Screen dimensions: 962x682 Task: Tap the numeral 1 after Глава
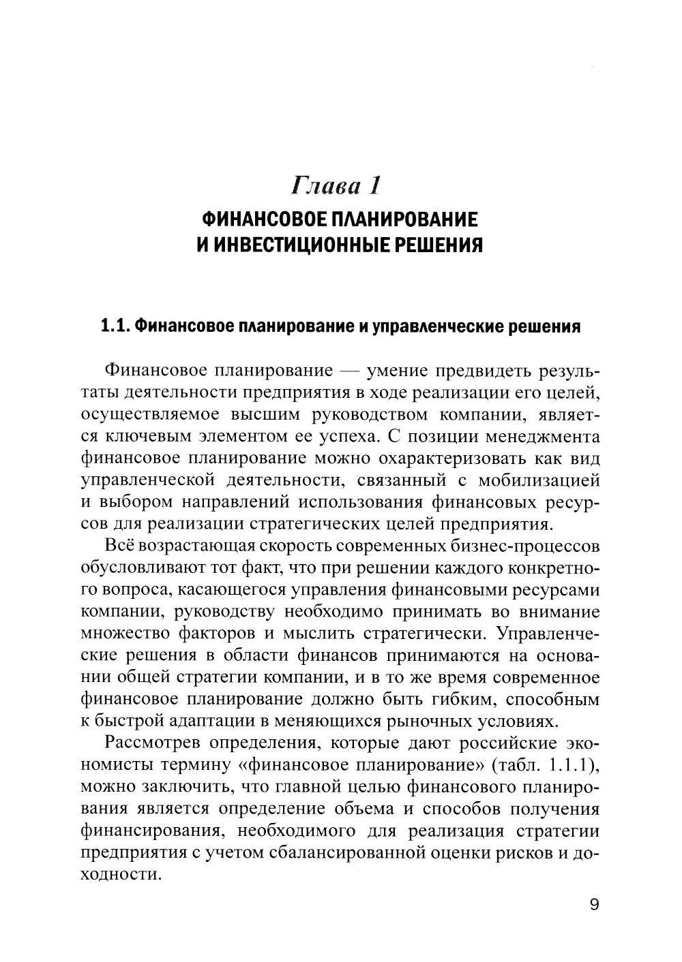coord(373,185)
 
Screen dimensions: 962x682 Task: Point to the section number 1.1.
coord(115,326)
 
